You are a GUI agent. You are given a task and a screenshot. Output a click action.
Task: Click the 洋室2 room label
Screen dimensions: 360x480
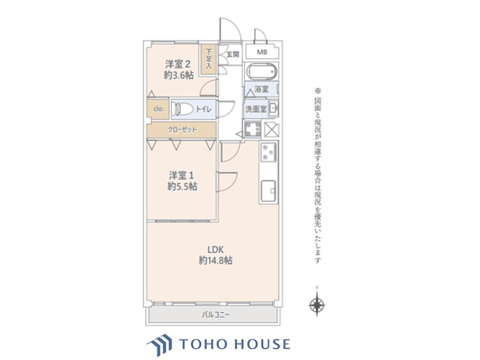pos(179,63)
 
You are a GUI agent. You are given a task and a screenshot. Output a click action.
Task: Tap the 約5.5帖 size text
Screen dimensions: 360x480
pos(182,187)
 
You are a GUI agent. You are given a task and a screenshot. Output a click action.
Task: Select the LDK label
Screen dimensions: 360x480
pos(214,249)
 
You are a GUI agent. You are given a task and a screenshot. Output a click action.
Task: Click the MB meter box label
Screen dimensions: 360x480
pos(262,52)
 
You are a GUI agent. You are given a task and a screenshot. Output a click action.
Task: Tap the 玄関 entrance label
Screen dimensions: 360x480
pos(232,54)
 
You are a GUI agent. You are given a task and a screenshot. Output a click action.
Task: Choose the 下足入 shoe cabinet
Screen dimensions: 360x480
pos(209,58)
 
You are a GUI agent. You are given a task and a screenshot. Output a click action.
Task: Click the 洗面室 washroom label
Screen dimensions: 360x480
pos(256,109)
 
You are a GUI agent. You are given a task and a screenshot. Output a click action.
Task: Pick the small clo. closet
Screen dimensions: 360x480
pos(158,109)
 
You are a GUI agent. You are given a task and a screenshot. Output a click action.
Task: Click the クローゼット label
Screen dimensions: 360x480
pos(182,130)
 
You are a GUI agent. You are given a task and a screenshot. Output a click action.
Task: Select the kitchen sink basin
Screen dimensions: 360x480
pos(268,191)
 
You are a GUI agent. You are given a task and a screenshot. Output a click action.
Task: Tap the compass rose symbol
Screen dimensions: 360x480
pos(316,304)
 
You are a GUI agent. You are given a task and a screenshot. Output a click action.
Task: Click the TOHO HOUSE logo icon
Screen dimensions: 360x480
pos(161,344)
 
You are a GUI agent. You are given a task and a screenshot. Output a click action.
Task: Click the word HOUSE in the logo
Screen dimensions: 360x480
pos(262,344)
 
